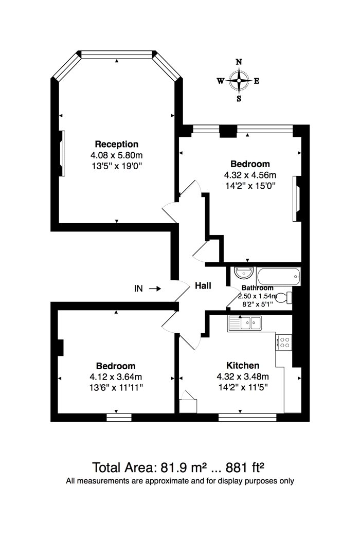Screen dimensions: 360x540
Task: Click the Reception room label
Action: (116, 144)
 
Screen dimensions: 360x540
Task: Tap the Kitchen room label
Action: (243, 365)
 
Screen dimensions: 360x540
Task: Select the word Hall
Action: (203, 285)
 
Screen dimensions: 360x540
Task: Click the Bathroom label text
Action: (257, 288)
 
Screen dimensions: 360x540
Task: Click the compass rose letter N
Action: (239, 62)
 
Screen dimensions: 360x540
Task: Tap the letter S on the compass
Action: (239, 99)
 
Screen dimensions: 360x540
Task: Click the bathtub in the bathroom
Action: (278, 277)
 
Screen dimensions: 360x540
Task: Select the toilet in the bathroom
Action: (284, 298)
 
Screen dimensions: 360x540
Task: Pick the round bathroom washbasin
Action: (244, 273)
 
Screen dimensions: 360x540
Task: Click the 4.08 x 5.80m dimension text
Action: (116, 155)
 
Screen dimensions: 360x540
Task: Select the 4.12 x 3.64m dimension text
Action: (116, 377)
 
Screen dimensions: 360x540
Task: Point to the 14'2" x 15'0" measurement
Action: (250, 186)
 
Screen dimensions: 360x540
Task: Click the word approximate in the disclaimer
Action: (167, 481)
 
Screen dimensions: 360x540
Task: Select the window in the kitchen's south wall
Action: (247, 418)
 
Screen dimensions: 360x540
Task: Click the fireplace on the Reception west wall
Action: (62, 153)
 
